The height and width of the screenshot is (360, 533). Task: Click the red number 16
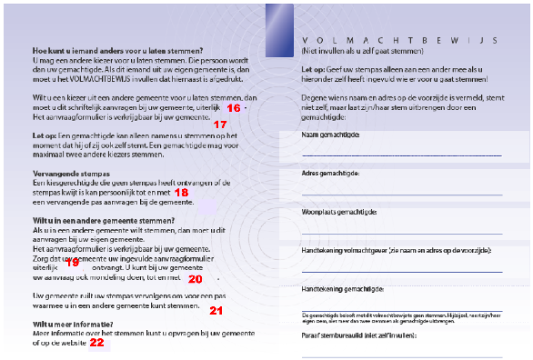(x=233, y=108)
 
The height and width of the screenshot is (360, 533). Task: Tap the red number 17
(x=219, y=124)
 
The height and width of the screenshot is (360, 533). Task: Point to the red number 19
(x=74, y=262)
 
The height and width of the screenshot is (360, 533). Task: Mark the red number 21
(x=216, y=311)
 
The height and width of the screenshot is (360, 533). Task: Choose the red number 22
(x=96, y=343)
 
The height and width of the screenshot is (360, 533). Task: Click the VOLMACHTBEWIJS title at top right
(x=397, y=42)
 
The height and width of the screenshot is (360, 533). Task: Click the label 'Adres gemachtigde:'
(x=330, y=173)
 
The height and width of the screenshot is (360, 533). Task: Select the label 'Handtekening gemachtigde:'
(x=341, y=287)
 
